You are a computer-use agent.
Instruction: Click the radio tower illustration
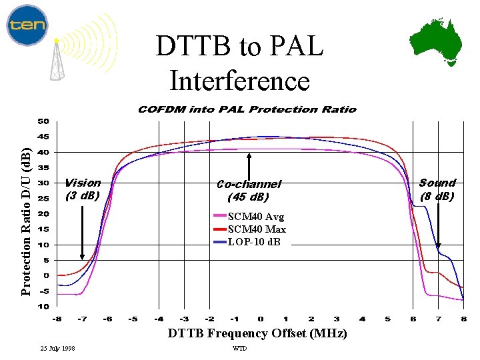58,59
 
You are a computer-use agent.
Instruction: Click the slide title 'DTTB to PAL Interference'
239,64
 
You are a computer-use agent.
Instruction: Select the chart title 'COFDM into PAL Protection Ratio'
247,109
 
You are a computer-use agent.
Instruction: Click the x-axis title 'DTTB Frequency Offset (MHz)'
257,333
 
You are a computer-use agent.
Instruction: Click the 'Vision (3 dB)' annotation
83,189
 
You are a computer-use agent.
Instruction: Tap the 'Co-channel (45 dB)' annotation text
249,191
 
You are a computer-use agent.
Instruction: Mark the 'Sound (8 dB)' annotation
437,189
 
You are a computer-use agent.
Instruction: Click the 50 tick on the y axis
43,122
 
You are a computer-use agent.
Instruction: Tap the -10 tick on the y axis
41,307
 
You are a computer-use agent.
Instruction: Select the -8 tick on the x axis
57,319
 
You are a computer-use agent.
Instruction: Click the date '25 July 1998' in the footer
57,349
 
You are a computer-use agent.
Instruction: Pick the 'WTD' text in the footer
239,349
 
